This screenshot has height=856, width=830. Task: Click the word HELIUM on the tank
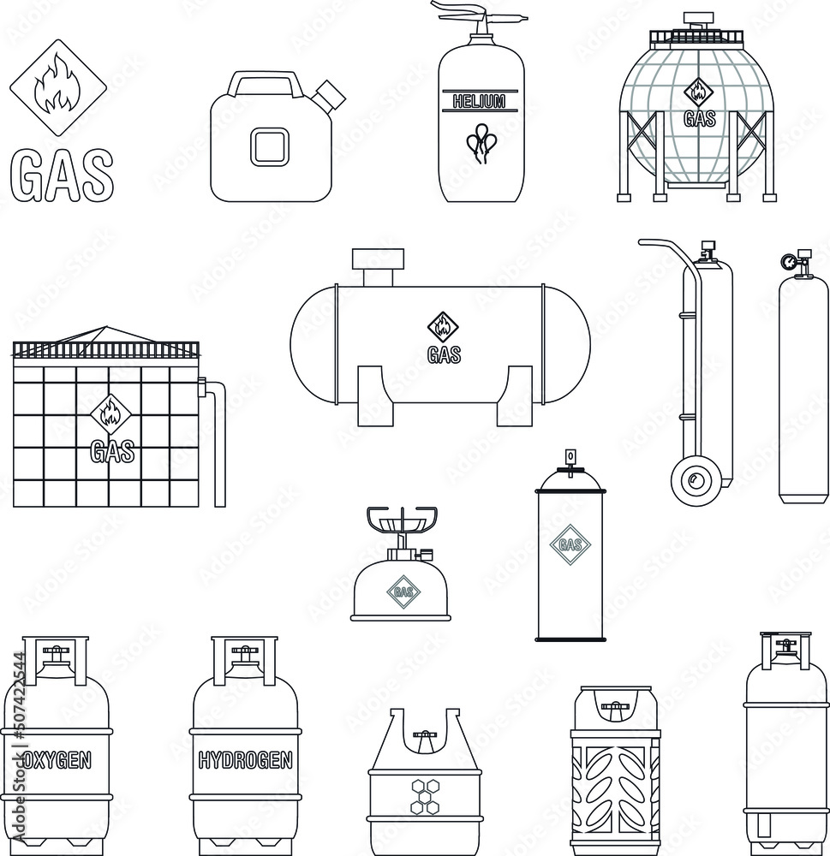click(x=480, y=102)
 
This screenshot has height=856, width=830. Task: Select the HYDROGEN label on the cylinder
click(x=245, y=759)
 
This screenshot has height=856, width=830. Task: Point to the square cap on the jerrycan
click(x=270, y=146)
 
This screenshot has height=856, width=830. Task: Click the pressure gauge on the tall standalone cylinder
click(x=789, y=260)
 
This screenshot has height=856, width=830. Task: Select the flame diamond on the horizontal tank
click(x=443, y=326)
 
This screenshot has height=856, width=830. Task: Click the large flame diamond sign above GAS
click(x=57, y=88)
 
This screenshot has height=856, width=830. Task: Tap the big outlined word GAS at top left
click(x=62, y=175)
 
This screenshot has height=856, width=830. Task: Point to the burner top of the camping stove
click(x=402, y=519)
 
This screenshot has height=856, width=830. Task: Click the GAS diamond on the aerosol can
click(x=570, y=544)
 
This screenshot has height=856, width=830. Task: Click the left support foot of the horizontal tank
click(x=376, y=396)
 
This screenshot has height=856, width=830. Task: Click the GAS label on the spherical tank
click(x=699, y=119)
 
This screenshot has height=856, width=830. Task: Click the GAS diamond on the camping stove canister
click(x=401, y=591)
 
